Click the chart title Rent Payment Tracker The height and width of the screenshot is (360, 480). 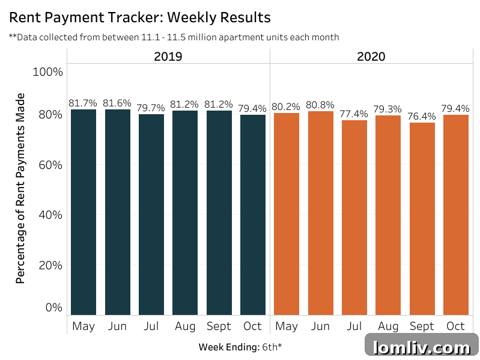[x=139, y=16]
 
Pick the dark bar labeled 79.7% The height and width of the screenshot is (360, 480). [x=151, y=214]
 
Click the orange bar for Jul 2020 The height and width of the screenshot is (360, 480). [x=354, y=217]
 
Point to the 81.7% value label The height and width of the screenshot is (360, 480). [x=84, y=103]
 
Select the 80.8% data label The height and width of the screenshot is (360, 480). [x=320, y=105]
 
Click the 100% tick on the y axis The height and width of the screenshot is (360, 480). [x=47, y=72]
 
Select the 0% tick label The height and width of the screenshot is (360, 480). [x=54, y=307]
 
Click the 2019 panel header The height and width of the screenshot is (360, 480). [x=168, y=57]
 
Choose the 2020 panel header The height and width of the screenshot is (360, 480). [x=371, y=57]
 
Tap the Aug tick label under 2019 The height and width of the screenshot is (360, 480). [x=185, y=326]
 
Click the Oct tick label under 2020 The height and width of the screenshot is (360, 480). [x=455, y=326]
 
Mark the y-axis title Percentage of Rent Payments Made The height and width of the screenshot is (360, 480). [x=20, y=188]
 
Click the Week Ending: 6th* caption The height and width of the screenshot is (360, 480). [x=240, y=347]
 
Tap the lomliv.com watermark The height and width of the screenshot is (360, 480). [x=422, y=347]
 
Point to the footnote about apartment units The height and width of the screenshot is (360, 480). [x=174, y=37]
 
